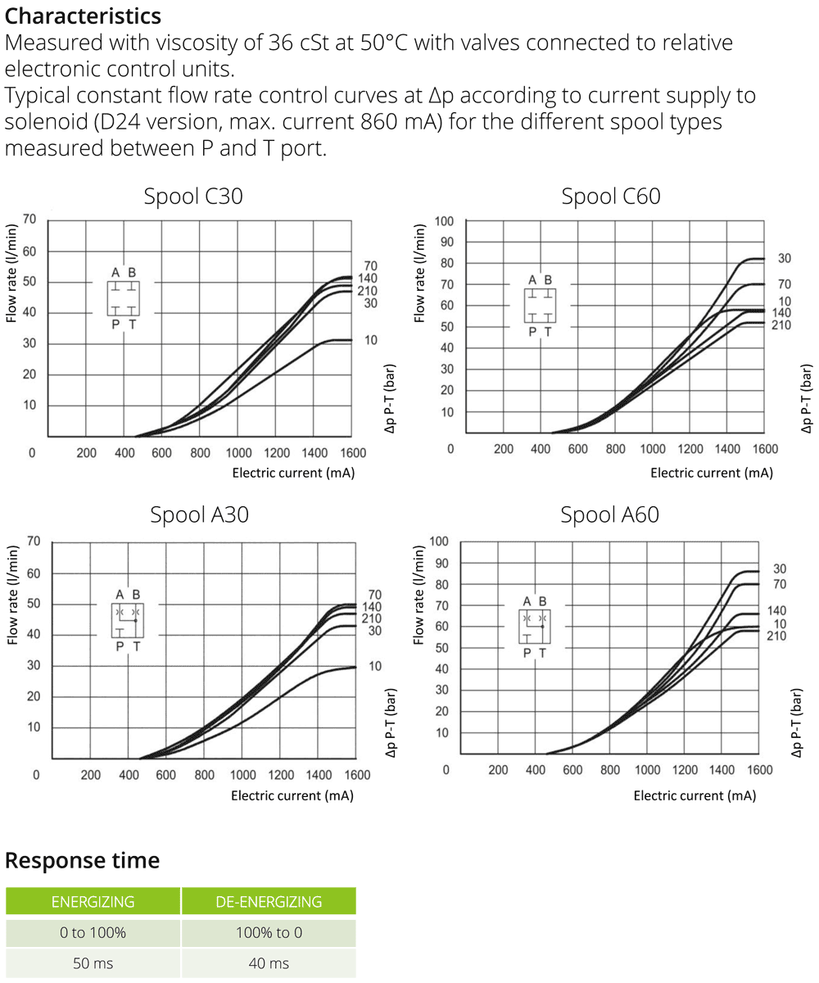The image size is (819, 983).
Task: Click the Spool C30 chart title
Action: (193, 197)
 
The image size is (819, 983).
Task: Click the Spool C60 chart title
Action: (611, 197)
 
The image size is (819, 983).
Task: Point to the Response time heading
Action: (82, 861)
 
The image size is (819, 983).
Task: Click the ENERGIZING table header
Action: (93, 902)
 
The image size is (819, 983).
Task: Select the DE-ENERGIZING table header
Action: (269, 902)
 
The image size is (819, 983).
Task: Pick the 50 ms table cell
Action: (93, 963)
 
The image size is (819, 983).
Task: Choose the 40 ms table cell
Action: (269, 963)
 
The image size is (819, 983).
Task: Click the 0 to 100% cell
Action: (93, 933)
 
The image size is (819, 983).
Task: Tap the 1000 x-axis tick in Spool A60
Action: (647, 769)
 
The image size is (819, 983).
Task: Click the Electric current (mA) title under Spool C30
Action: (293, 473)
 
